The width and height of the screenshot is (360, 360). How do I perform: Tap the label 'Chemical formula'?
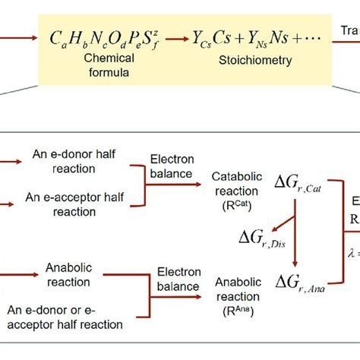click(x=103, y=65)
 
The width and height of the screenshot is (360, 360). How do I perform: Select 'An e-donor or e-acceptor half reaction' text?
click(x=74, y=317)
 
